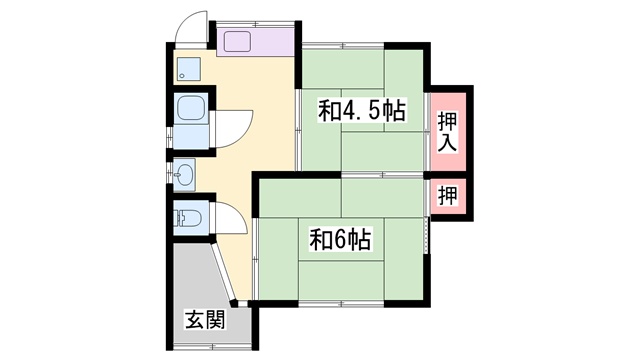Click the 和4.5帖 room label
(362, 110)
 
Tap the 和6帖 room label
(341, 240)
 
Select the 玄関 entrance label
(204, 322)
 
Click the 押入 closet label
(448, 131)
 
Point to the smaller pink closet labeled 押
(448, 195)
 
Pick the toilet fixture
(187, 217)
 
